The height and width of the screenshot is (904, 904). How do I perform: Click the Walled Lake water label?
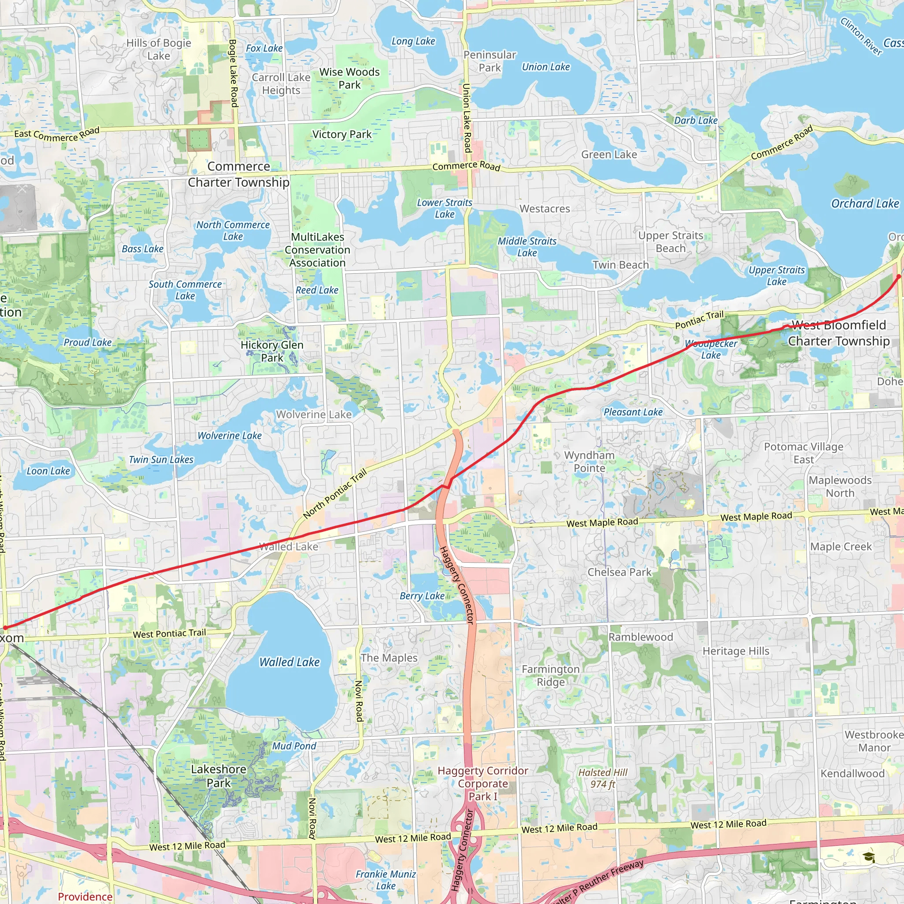289,662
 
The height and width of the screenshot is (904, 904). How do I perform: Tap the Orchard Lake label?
865,203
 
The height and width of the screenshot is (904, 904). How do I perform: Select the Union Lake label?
546,67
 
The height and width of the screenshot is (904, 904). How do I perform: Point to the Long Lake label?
413,41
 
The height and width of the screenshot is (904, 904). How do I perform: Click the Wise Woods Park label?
350,78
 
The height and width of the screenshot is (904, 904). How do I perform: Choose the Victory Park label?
342,134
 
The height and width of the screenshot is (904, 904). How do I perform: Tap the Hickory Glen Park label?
272,351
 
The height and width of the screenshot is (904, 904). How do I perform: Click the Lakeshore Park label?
218,776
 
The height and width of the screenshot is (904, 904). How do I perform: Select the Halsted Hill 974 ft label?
603,778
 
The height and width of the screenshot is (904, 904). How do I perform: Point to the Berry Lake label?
422,595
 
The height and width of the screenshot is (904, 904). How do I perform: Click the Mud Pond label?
294,746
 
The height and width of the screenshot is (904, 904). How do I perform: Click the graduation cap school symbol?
869,857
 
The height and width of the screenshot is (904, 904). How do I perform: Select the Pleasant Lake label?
633,412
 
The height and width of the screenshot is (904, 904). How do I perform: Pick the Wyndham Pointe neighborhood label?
589,461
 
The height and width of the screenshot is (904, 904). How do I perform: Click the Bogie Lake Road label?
233,73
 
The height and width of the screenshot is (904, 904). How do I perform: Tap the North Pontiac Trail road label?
335,493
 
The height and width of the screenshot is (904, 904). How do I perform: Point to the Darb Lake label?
696,120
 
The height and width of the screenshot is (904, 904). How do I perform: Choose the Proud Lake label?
87,342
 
